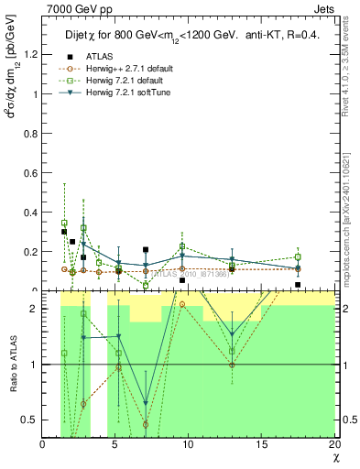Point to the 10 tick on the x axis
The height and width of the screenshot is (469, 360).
click(189, 445)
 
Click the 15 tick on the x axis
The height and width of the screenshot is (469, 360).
click(261, 445)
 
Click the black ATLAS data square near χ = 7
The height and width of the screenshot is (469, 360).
click(146, 249)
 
